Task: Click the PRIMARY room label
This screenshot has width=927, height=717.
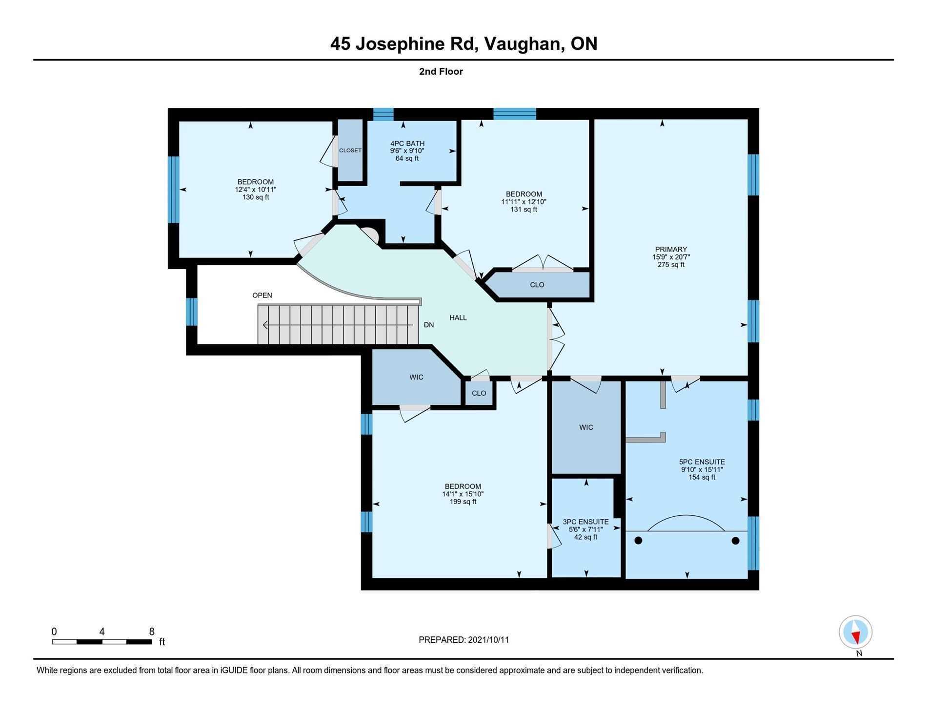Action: pyautogui.click(x=671, y=249)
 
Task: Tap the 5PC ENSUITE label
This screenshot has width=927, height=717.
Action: pyautogui.click(x=702, y=462)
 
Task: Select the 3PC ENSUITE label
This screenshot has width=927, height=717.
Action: pyautogui.click(x=585, y=522)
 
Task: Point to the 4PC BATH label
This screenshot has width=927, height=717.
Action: pyautogui.click(x=407, y=144)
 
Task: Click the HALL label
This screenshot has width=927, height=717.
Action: pyautogui.click(x=458, y=317)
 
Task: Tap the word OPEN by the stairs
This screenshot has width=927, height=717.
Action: pyautogui.click(x=262, y=295)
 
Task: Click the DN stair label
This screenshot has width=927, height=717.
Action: pyautogui.click(x=429, y=325)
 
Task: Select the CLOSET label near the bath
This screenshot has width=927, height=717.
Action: pyautogui.click(x=350, y=150)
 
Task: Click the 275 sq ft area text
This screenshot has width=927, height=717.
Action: pyautogui.click(x=671, y=265)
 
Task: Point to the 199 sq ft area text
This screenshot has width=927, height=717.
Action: pyautogui.click(x=463, y=502)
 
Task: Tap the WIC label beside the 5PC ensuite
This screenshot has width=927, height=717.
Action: pyautogui.click(x=586, y=427)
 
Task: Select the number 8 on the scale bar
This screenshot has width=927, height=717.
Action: pyautogui.click(x=152, y=631)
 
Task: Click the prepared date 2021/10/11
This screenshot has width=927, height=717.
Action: pyautogui.click(x=488, y=640)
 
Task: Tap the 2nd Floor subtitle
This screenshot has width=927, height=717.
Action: pyautogui.click(x=441, y=71)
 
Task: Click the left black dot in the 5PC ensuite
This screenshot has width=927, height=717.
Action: pyautogui.click(x=638, y=541)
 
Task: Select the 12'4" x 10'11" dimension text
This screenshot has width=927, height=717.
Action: pyautogui.click(x=256, y=190)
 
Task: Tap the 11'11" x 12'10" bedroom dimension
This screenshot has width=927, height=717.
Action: pyautogui.click(x=524, y=202)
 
